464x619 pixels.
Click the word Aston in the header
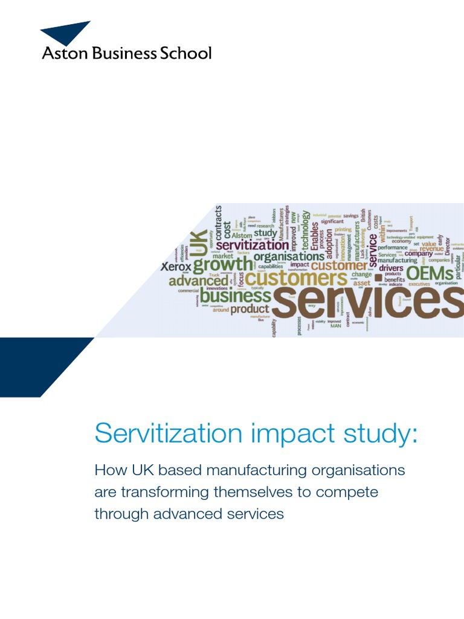click(60, 53)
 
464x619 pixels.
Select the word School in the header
click(185, 53)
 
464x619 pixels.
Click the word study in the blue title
click(382, 433)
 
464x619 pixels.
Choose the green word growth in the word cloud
click(223, 265)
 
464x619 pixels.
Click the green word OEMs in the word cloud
click(430, 273)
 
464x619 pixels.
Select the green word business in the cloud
click(236, 296)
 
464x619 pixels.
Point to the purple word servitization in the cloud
click(252, 245)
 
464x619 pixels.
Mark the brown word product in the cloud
click(250, 309)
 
